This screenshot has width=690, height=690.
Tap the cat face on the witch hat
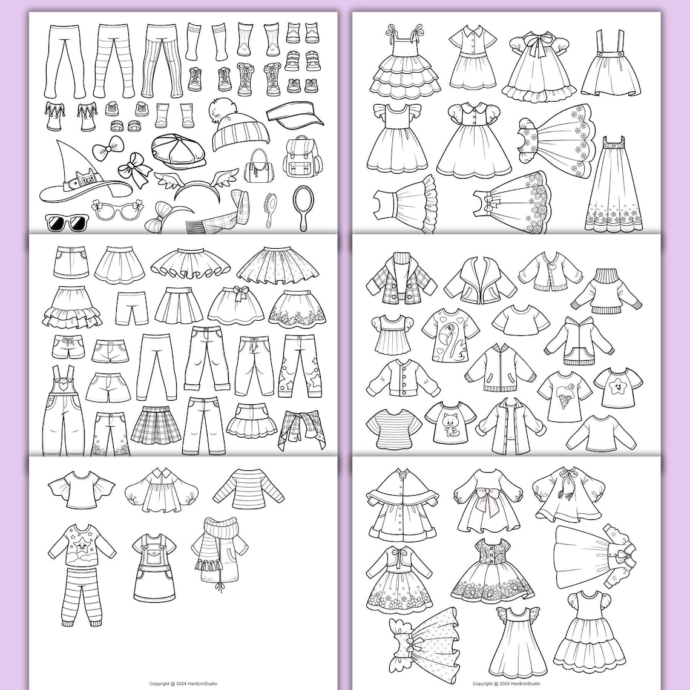click(82, 179)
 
